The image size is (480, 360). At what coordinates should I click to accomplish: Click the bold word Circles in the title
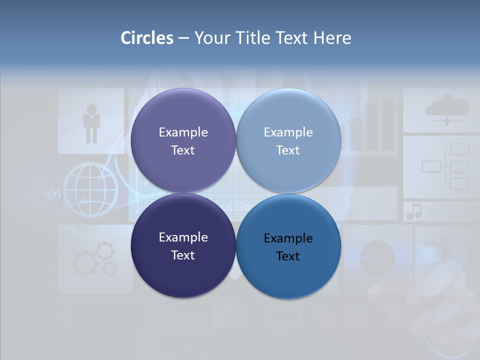(x=146, y=38)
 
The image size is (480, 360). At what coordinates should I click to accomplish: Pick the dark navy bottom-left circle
(x=183, y=246)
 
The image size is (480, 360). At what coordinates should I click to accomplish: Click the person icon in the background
(x=91, y=123)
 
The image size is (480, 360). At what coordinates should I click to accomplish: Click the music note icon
(x=414, y=211)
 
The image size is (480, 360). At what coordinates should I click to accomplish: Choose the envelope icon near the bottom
(x=229, y=315)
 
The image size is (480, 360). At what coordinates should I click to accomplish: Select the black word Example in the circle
(x=288, y=238)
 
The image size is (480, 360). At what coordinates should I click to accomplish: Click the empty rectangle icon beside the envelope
(x=282, y=315)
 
